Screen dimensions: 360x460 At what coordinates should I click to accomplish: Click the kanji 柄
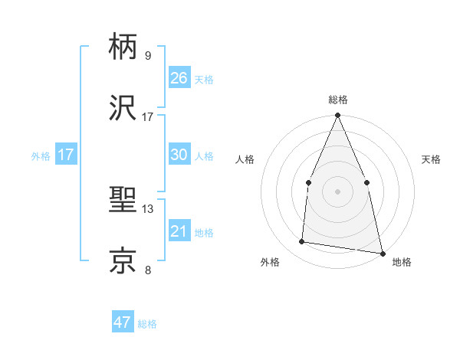click(x=124, y=47)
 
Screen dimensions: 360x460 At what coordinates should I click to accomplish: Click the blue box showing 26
click(x=179, y=78)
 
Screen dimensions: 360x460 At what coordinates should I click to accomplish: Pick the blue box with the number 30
click(x=179, y=155)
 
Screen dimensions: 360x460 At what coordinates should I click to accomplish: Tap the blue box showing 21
click(x=179, y=231)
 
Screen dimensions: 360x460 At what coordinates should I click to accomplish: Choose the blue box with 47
click(x=123, y=322)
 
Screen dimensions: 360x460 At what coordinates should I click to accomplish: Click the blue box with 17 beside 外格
click(x=66, y=155)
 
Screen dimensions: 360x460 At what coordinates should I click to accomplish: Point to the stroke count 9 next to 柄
click(x=147, y=56)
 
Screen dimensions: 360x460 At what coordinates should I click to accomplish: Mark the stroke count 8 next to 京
click(x=147, y=270)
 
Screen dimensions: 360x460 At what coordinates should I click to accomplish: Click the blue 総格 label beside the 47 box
click(x=147, y=324)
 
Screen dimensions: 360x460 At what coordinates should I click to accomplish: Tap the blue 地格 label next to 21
click(x=204, y=233)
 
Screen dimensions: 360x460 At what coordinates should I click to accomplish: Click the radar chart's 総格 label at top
click(x=337, y=100)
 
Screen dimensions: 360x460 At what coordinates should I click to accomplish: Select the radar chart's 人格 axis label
click(x=245, y=159)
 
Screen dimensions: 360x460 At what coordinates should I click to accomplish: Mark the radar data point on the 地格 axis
click(x=382, y=253)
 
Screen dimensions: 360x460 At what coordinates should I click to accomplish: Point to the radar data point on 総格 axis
click(x=337, y=116)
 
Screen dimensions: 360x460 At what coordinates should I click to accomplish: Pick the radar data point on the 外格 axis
click(x=302, y=242)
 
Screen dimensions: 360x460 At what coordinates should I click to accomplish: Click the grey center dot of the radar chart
click(x=337, y=191)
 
